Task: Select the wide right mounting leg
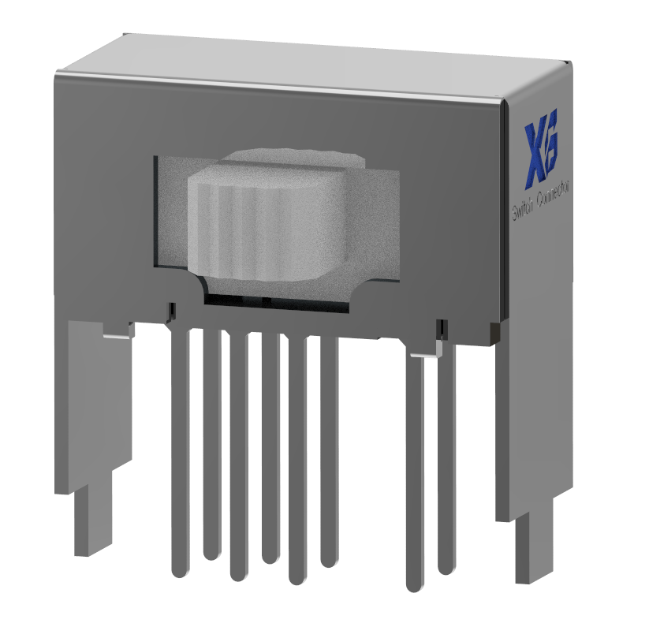coord(532,426)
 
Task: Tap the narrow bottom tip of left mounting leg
coord(88,520)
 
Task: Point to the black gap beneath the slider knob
coord(276,300)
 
